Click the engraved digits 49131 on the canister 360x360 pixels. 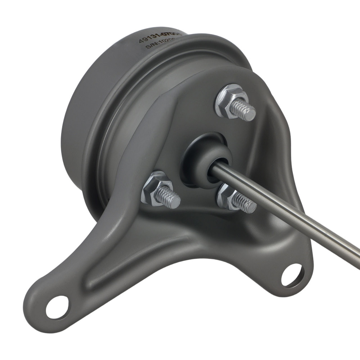point(150,39)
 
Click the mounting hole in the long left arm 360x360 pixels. point(59,307)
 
